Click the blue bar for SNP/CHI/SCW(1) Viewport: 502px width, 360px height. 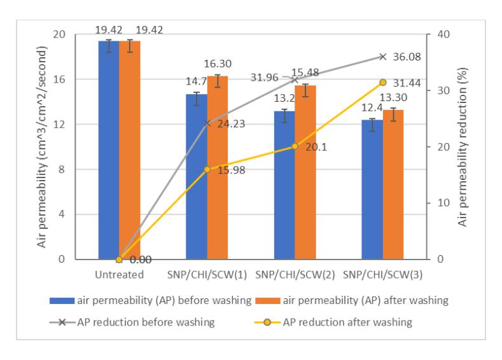(x=197, y=177)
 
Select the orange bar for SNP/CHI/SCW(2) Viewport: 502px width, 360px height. (x=305, y=172)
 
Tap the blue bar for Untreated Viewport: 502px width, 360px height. (x=109, y=150)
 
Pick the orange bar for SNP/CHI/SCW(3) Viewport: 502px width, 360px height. (x=393, y=184)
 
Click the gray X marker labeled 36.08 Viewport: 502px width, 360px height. (x=382, y=57)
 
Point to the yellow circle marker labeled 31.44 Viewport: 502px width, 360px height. (x=382, y=83)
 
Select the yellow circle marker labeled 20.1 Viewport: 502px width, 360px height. (x=295, y=146)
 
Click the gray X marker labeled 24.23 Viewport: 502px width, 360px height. (x=207, y=123)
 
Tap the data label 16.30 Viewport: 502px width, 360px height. (x=218, y=64)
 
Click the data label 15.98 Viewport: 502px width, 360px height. (x=232, y=170)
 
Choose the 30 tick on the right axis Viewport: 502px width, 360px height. (x=443, y=90)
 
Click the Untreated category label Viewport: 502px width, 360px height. (x=120, y=275)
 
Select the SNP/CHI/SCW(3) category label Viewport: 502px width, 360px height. (x=382, y=275)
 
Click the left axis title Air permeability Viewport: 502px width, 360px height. (x=42, y=147)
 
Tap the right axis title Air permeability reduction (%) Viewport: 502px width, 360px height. (x=463, y=147)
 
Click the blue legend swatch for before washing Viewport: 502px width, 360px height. (x=62, y=301)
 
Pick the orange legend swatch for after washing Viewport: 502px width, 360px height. (x=268, y=301)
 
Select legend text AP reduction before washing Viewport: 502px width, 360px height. (x=146, y=322)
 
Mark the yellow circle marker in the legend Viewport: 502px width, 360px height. (x=267, y=322)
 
